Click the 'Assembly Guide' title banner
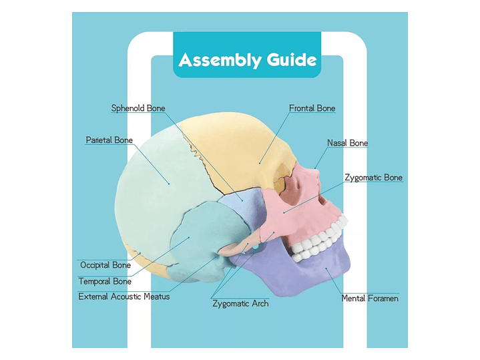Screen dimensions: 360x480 [x=247, y=59]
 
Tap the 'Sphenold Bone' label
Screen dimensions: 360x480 [x=138, y=108]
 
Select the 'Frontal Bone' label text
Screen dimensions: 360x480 [x=312, y=108]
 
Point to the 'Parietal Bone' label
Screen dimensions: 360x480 [x=109, y=140]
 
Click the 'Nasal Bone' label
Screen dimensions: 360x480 [x=347, y=143]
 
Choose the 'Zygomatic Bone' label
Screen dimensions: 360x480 [x=373, y=178]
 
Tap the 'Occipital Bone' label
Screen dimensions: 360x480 [x=105, y=265]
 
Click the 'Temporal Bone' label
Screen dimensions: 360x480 [x=105, y=281]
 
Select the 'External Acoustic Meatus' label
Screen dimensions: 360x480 [x=124, y=297]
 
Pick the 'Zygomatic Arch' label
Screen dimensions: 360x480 [x=240, y=303]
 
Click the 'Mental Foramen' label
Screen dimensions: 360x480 [x=370, y=298]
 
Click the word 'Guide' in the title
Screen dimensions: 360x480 [x=291, y=59]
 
